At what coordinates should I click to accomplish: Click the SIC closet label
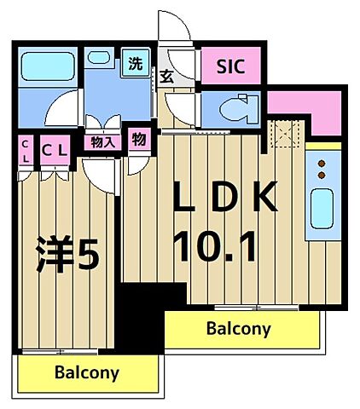[x=230, y=66]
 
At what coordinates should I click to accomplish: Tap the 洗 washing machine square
[x=136, y=63]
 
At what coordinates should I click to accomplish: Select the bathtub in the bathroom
[x=48, y=66]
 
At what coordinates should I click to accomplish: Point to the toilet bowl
[x=240, y=109]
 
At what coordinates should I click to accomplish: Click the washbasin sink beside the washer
[x=99, y=58]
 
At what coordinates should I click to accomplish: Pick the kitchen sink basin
[x=322, y=209]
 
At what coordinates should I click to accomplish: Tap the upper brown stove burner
[x=322, y=164]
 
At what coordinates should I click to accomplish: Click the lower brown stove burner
[x=322, y=176]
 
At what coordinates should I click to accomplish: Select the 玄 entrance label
[x=166, y=77]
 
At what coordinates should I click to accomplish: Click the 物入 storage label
[x=103, y=142]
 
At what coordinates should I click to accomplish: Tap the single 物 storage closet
[x=139, y=140]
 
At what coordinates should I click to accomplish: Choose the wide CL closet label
[x=55, y=151]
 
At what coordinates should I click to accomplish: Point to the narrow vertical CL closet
[x=26, y=151]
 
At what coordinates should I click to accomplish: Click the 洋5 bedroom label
[x=68, y=254]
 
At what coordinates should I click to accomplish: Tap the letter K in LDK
[x=265, y=197]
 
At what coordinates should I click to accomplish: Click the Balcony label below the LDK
[x=238, y=329]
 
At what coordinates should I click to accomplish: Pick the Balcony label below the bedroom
[x=87, y=372]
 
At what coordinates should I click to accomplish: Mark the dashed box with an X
[x=284, y=134]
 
